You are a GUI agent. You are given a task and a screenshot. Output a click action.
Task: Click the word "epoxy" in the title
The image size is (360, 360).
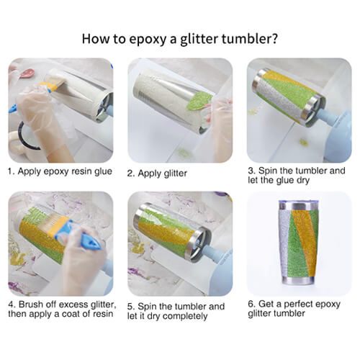pos(148,39)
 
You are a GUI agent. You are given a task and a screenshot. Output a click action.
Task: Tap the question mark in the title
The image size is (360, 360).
pos(274,38)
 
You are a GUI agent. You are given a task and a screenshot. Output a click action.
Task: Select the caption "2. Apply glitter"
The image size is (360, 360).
pos(157,174)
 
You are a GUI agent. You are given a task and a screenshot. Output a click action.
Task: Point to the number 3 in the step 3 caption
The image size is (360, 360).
pos(251,171)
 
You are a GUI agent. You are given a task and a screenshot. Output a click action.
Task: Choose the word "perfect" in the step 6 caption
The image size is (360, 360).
pos(298,304)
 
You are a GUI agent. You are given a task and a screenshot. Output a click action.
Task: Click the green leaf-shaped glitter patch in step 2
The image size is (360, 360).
pos(199,102)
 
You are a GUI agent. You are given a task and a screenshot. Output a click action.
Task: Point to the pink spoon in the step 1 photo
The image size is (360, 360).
pos(27,73)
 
